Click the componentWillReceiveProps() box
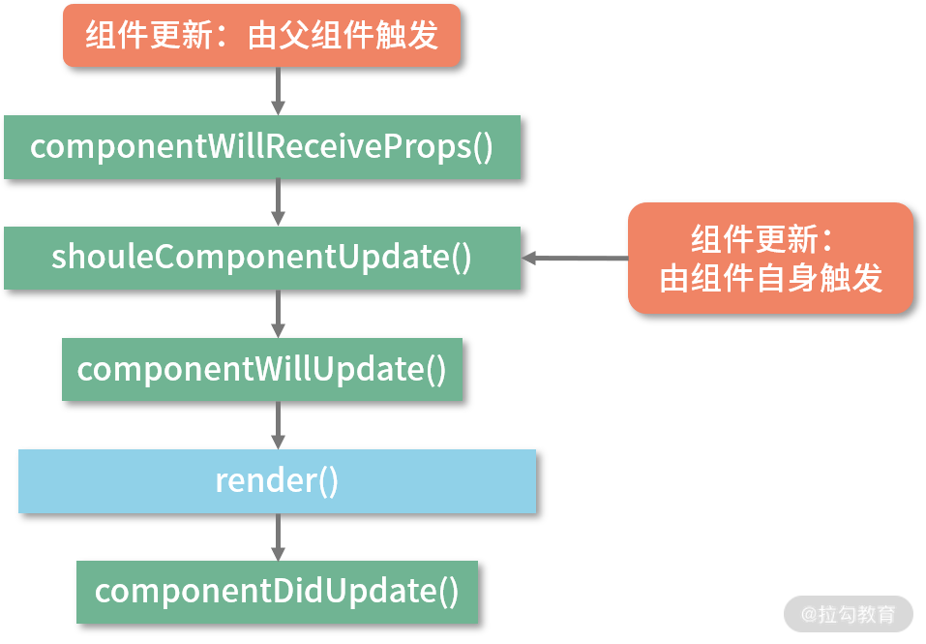point(261,147)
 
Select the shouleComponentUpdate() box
point(261,258)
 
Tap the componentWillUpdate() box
point(261,369)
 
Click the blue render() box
point(276,480)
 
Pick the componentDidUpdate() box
point(277,592)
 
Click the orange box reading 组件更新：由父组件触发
point(261,35)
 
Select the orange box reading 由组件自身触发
point(770,258)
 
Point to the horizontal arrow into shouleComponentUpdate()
point(575,258)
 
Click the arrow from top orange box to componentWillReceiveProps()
point(278,91)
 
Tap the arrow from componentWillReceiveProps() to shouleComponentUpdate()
point(278,202)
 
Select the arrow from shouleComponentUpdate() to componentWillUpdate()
point(278,314)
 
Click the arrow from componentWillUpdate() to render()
point(278,425)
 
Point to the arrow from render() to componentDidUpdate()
point(278,537)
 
